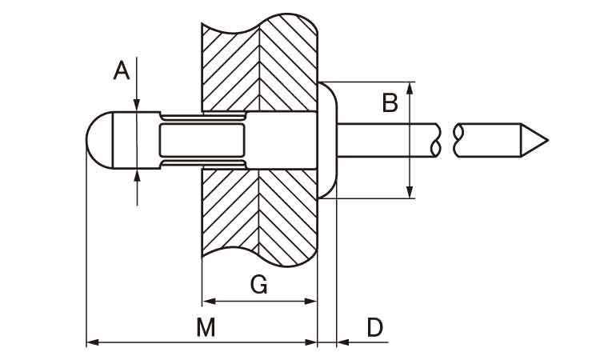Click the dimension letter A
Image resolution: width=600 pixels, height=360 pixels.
coord(121,72)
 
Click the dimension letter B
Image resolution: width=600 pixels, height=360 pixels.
coord(390,102)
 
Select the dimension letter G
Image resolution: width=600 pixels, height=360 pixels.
coord(258,285)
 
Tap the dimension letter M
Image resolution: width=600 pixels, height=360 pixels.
coord(206,326)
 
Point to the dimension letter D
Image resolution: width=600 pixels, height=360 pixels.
coord(374,326)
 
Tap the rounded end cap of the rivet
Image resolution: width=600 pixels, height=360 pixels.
coord(98,140)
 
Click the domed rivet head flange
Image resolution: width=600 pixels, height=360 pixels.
coord(328,140)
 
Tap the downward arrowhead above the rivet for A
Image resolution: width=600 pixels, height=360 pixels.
coord(138,105)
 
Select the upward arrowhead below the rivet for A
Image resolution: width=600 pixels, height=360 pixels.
coord(138,174)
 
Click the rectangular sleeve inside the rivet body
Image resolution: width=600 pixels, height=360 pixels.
coord(202,140)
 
